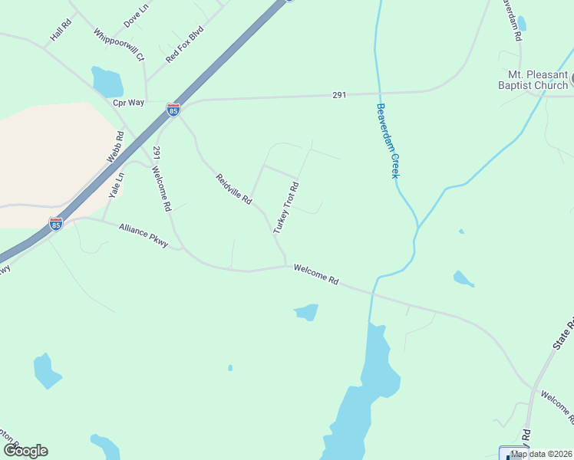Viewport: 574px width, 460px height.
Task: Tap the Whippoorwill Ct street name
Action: click(118, 44)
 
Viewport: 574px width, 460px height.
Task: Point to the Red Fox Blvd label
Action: click(184, 44)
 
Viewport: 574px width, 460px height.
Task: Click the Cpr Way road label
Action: click(128, 102)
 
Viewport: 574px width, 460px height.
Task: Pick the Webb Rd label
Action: click(114, 146)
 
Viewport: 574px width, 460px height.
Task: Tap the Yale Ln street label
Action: click(116, 185)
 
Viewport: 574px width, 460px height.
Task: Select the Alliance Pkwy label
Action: click(143, 235)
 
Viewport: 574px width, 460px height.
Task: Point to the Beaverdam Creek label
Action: click(388, 141)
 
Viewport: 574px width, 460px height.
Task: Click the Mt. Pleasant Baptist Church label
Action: click(538, 80)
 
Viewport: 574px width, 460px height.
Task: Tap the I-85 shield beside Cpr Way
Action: click(173, 110)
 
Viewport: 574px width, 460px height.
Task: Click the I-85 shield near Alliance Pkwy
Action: click(55, 224)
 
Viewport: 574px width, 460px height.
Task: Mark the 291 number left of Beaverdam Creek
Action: click(339, 95)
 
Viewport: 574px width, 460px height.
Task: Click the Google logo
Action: click(25, 451)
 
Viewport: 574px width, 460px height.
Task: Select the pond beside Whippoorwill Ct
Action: click(107, 80)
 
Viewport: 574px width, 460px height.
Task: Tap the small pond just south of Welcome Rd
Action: click(306, 312)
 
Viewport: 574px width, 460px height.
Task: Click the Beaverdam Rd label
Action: click(512, 21)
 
